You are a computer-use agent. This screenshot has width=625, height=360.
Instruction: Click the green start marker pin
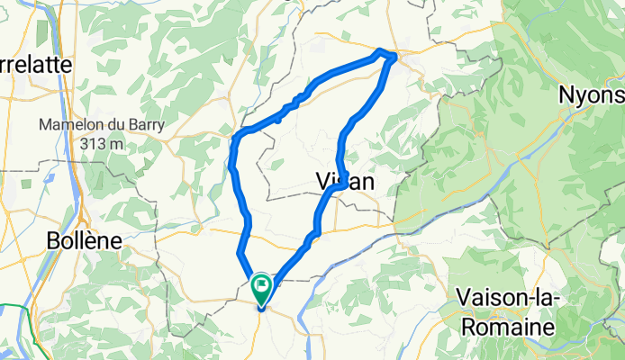[262, 290]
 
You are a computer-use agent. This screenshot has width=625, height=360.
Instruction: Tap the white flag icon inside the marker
[262, 287]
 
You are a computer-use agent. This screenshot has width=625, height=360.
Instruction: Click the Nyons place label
[591, 94]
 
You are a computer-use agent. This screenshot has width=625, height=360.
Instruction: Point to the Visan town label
[346, 182]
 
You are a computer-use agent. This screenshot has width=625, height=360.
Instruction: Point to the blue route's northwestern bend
[236, 138]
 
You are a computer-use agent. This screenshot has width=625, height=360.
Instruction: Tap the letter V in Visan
[324, 182]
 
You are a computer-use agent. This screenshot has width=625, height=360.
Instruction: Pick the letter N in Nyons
[568, 94]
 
